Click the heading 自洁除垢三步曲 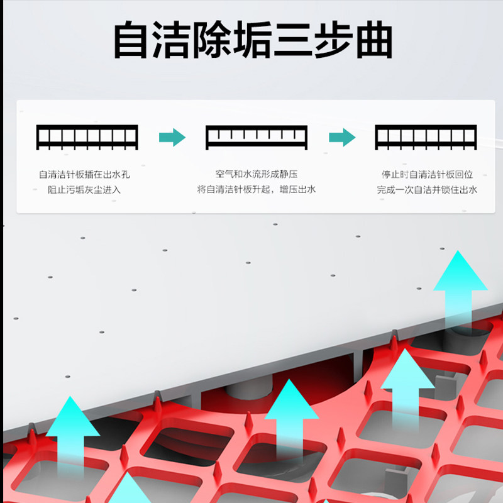coord(251,41)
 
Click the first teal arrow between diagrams coord(172,137)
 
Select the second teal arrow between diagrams coord(342,137)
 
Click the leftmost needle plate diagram coord(87,137)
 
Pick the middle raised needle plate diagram coord(257,137)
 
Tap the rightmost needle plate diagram coord(426,137)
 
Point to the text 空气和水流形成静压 coord(256,174)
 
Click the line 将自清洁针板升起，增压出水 coord(256,189)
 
